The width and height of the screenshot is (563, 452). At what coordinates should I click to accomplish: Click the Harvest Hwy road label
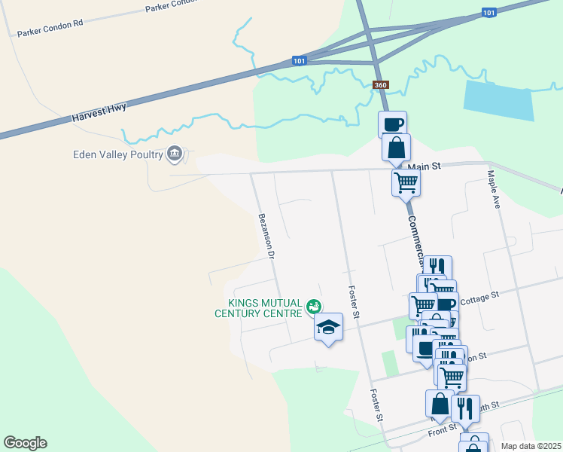click(x=99, y=112)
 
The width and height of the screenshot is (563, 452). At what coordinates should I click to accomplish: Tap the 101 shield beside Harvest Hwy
click(x=300, y=60)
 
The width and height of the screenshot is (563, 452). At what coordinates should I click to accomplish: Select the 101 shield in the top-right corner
click(x=488, y=13)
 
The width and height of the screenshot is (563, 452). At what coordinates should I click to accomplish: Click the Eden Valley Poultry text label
click(x=117, y=154)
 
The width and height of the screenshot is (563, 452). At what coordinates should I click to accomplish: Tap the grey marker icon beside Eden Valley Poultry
click(x=175, y=154)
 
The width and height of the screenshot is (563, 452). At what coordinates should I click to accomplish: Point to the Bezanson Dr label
click(x=265, y=236)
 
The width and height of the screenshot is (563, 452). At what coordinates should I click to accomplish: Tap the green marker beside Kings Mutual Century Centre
click(x=314, y=307)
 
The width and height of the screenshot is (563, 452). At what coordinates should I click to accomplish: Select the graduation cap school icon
click(x=328, y=328)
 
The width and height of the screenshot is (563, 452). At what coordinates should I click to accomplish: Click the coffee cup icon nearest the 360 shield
click(x=393, y=124)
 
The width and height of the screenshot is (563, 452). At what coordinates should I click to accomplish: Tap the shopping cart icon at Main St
click(x=406, y=181)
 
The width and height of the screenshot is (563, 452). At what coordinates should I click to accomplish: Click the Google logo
click(x=25, y=443)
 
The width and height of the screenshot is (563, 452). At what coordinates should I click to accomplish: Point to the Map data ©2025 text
click(x=531, y=446)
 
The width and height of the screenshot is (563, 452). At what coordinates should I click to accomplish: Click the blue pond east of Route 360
click(x=498, y=98)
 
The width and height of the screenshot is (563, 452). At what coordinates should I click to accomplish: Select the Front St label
click(x=443, y=429)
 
